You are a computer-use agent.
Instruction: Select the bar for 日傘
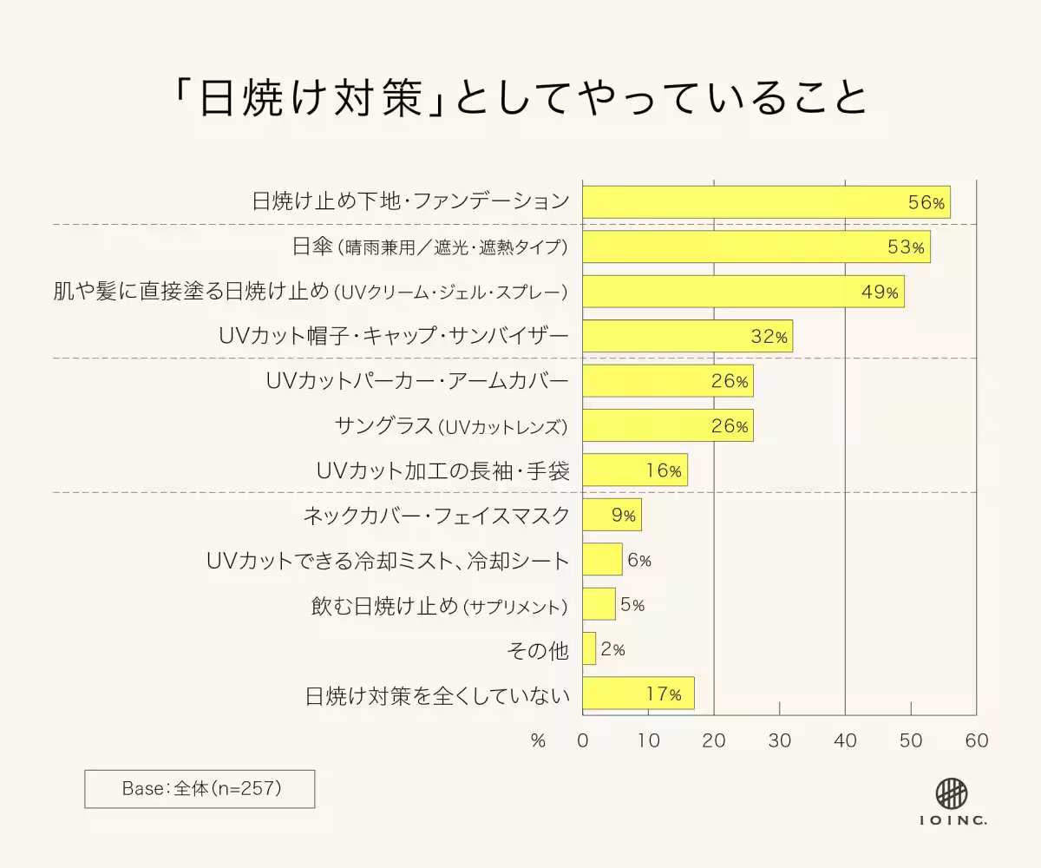click(756, 247)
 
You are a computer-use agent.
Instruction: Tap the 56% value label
click(926, 202)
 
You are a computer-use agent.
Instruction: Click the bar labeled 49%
click(743, 292)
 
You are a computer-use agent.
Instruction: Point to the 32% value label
click(769, 337)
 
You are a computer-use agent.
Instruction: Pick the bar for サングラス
click(667, 426)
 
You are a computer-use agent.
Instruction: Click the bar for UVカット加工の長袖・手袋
click(634, 470)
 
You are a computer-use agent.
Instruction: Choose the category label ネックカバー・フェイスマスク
click(435, 516)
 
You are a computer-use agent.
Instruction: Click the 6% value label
click(638, 561)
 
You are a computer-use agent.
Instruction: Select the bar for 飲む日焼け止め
click(599, 604)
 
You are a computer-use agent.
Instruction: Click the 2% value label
click(612, 649)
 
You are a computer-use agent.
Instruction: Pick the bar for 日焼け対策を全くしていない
click(638, 694)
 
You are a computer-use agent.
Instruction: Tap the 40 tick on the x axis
click(845, 740)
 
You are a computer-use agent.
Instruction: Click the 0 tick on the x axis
click(583, 740)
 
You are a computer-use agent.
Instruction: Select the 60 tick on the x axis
click(977, 740)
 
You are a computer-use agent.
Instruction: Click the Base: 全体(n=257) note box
click(200, 789)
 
